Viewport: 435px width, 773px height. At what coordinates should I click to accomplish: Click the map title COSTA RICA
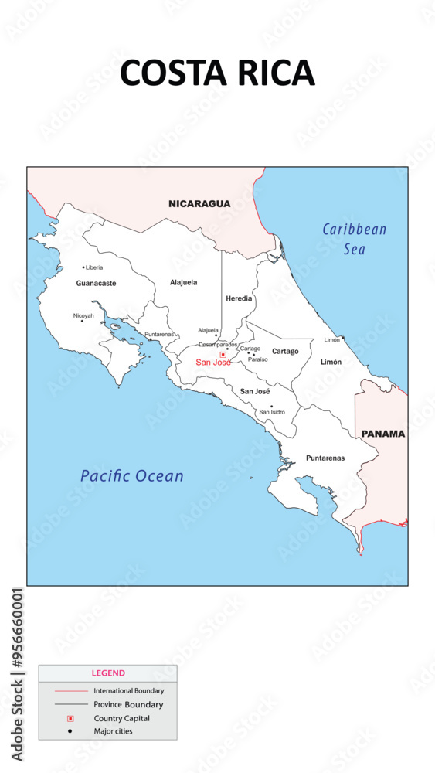217,73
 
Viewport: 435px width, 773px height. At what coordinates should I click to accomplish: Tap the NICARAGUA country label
199,204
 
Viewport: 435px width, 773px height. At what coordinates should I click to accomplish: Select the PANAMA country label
382,434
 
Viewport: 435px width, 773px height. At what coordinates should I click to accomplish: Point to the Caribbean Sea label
354,239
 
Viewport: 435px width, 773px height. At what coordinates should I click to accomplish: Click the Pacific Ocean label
132,476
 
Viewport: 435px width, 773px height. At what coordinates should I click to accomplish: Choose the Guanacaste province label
96,284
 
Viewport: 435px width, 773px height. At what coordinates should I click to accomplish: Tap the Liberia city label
94,267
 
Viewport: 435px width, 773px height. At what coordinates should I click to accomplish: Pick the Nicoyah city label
83,315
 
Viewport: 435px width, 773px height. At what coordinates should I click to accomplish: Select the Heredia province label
239,298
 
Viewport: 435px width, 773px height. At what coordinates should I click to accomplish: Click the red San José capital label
212,363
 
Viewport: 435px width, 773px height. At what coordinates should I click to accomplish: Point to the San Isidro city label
272,412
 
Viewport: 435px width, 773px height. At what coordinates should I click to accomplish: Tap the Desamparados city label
218,345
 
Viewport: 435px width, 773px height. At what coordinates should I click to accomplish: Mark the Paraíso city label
258,359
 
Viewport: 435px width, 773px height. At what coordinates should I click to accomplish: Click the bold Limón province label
331,362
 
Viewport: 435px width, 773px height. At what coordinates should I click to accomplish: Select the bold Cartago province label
285,352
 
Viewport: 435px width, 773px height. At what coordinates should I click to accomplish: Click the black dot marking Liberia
83,267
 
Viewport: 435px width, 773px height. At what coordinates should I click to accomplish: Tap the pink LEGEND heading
108,673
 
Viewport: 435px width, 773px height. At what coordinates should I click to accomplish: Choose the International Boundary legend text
128,690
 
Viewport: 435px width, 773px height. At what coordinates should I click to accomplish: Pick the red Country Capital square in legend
70,718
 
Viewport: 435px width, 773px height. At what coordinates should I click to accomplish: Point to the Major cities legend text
113,731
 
